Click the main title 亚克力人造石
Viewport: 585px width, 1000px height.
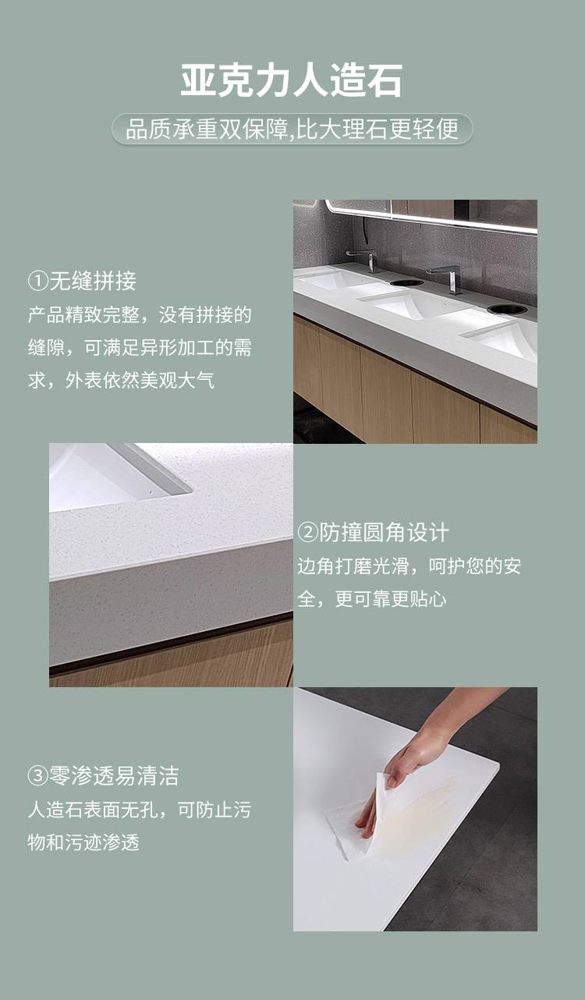pos(292,80)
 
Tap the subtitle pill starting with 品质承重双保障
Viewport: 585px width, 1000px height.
pos(292,129)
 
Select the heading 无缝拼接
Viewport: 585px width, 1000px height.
pos(93,281)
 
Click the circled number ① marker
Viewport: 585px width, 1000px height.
pos(38,282)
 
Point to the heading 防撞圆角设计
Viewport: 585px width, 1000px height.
pos(384,533)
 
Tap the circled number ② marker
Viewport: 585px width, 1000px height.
pos(307,533)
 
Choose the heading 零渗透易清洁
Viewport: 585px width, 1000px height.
pos(114,775)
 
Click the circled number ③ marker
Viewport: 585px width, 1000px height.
pos(38,776)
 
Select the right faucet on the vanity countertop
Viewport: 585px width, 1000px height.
pos(447,278)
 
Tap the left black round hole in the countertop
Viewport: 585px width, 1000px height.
pos(407,282)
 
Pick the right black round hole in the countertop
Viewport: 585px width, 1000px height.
pos(507,308)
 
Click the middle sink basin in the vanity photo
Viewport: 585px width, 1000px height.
pos(402,304)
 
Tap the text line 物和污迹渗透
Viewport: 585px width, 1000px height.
pos(84,842)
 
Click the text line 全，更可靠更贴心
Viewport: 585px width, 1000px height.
pos(372,598)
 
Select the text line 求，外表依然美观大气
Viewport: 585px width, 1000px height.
pos(121,380)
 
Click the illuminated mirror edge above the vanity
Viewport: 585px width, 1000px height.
pos(431,218)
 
